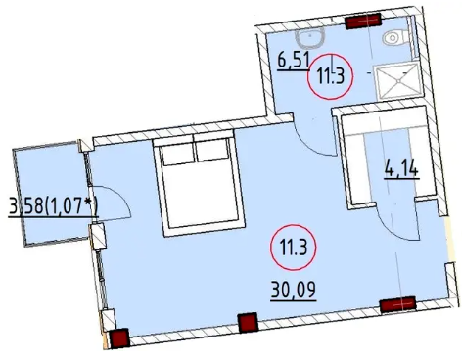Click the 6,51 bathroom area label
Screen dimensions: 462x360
coord(294,62)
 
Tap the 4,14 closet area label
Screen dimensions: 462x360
coord(401,169)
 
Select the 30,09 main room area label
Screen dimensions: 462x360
coord(294,291)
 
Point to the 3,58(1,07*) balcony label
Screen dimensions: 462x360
coord(53,206)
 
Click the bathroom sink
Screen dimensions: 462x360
coord(310,38)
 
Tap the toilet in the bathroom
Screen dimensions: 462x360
coord(395,37)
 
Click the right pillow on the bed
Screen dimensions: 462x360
coord(212,151)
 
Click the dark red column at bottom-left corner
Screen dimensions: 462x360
coord(119,338)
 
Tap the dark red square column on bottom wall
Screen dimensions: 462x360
coord(248,322)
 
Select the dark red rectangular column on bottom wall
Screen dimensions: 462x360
coord(397,304)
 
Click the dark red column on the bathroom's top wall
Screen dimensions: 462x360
coord(363,22)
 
